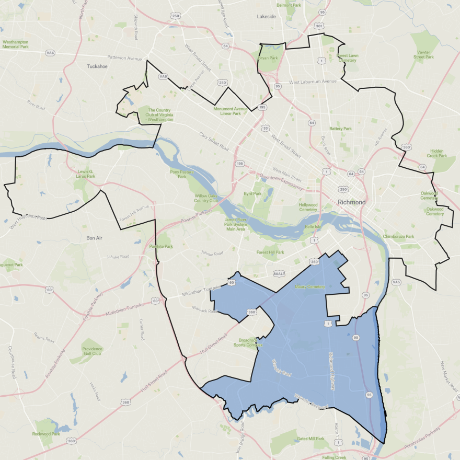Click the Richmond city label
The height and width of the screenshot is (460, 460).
[352, 202]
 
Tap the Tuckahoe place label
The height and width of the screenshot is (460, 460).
[97, 66]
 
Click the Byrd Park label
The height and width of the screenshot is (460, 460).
[252, 193]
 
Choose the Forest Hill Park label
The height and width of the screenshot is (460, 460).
[270, 252]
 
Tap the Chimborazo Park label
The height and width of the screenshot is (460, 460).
[398, 236]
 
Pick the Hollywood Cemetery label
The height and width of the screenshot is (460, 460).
[308, 208]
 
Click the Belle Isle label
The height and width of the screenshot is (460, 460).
[313, 227]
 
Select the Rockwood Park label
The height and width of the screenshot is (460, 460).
[46, 434]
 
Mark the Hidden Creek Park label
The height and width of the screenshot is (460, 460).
[436, 153]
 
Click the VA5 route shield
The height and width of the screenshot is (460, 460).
[396, 282]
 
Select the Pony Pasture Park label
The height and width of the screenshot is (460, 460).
[182, 174]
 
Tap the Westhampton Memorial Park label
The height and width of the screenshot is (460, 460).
[16, 44]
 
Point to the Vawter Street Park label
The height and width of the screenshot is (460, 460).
[423, 54]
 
